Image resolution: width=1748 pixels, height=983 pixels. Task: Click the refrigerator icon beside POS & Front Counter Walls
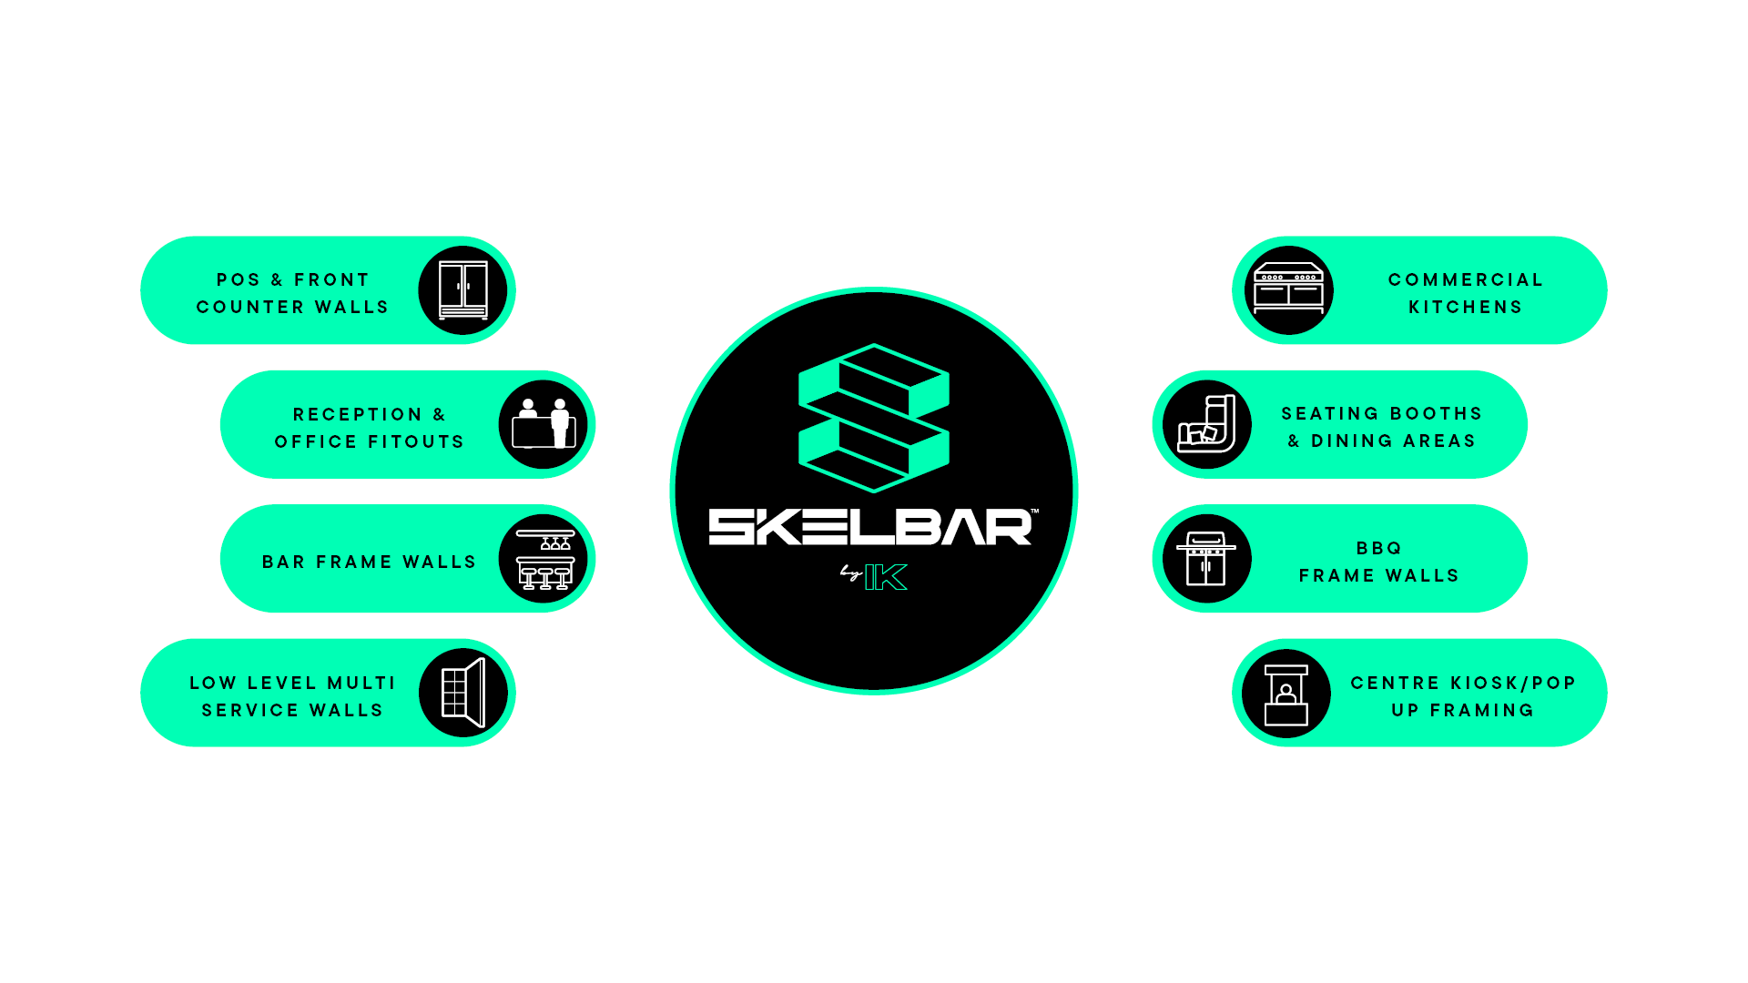463,290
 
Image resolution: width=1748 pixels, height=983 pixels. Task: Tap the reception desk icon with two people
544,424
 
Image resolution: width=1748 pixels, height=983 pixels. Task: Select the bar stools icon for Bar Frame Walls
544,559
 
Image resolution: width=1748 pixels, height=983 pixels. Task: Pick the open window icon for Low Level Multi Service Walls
463,693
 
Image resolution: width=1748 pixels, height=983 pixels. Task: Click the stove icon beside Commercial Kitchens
1287,289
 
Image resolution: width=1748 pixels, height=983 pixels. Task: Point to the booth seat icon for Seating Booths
1207,424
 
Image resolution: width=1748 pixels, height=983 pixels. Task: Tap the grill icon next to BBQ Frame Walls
1206,559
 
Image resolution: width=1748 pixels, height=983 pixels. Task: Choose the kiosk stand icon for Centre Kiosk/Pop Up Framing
1286,694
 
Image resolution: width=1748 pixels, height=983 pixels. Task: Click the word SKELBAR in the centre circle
870,528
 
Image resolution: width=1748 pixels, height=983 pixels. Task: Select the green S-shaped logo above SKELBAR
874,418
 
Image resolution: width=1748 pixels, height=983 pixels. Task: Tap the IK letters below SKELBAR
886,577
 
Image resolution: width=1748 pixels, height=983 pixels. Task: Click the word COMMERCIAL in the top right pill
1466,279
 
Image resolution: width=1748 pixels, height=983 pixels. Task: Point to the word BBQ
1379,548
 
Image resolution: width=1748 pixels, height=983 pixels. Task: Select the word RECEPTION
358,414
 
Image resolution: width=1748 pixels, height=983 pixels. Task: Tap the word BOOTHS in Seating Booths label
1436,413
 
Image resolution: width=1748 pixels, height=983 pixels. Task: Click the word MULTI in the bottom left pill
361,683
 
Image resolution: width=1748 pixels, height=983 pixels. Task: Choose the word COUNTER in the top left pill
250,307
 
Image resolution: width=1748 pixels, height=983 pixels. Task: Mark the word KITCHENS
1466,307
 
